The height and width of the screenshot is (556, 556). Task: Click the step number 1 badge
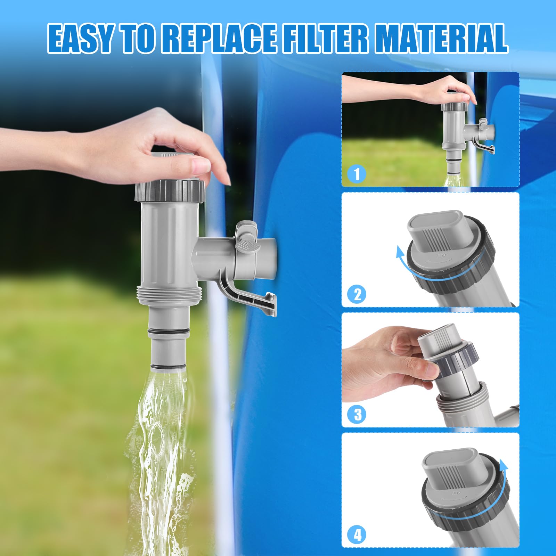pos(357,173)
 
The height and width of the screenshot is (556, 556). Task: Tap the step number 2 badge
pos(357,294)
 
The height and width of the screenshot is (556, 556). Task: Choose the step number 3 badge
pos(357,414)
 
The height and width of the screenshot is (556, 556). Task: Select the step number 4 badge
pos(357,535)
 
